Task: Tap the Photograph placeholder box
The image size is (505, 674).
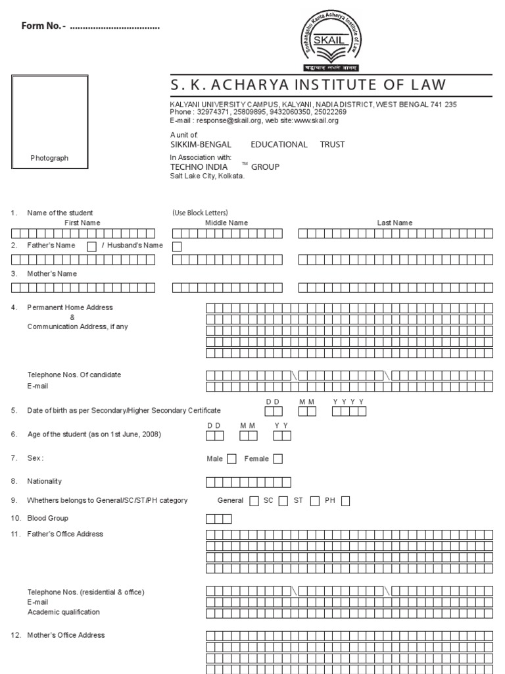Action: pos(49,123)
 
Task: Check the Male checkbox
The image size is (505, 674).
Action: pos(232,459)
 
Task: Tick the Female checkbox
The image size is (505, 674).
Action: pos(278,459)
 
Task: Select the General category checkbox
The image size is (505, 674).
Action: pos(254,501)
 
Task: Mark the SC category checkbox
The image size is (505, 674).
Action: pos(283,501)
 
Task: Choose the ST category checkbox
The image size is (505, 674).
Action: pos(315,501)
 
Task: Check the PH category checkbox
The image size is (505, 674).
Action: pos(346,501)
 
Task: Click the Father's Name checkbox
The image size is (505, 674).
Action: pos(92,246)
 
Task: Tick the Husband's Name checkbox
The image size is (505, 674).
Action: pos(177,246)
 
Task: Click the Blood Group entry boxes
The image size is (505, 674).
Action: pos(219,519)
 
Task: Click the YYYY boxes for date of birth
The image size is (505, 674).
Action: pos(349,411)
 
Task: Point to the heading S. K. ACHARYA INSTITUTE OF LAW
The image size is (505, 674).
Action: pos(308,85)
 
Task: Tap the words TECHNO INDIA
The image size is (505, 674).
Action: pos(199,167)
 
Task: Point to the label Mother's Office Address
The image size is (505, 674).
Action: pos(66,635)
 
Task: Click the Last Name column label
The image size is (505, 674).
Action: pos(395,223)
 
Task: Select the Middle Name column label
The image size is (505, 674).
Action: pos(227,223)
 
